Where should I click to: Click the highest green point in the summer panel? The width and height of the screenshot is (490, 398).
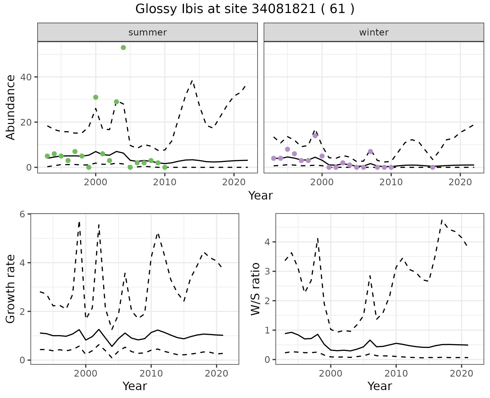point(123,48)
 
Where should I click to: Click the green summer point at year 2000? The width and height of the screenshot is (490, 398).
point(96,97)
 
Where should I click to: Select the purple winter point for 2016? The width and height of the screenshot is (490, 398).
point(433,167)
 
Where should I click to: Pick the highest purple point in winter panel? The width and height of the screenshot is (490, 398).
point(315,135)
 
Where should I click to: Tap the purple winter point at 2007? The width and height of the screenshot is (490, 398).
point(371,152)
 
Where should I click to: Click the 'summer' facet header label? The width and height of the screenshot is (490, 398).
point(148,32)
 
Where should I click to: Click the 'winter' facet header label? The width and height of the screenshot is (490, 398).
point(374,32)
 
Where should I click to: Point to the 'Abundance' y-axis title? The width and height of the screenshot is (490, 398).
point(11,107)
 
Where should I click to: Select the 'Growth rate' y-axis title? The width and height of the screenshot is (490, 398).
point(11,289)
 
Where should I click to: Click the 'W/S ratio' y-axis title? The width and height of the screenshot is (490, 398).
point(255,289)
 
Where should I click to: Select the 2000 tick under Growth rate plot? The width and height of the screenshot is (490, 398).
point(86,374)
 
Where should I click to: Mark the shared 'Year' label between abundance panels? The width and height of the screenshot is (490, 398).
point(261,196)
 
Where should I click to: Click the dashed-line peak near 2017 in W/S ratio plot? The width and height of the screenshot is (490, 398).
point(442,220)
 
